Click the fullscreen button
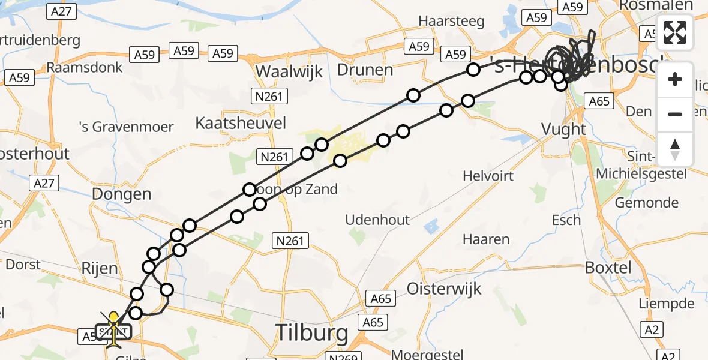pyautogui.click(x=675, y=32)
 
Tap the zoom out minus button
pyautogui.click(x=675, y=114)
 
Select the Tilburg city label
pyautogui.click(x=311, y=332)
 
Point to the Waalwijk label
pyautogui.click(x=289, y=71)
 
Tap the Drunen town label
pyautogui.click(x=365, y=70)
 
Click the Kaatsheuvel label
pyautogui.click(x=241, y=123)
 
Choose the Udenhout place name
pyautogui.click(x=377, y=220)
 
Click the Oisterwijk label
pyautogui.click(x=444, y=288)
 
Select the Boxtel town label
pyautogui.click(x=608, y=267)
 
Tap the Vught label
pyautogui.click(x=563, y=128)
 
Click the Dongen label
pyautogui.click(x=122, y=194)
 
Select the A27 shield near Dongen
pyautogui.click(x=44, y=183)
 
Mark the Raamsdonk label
pyautogui.click(x=85, y=67)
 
